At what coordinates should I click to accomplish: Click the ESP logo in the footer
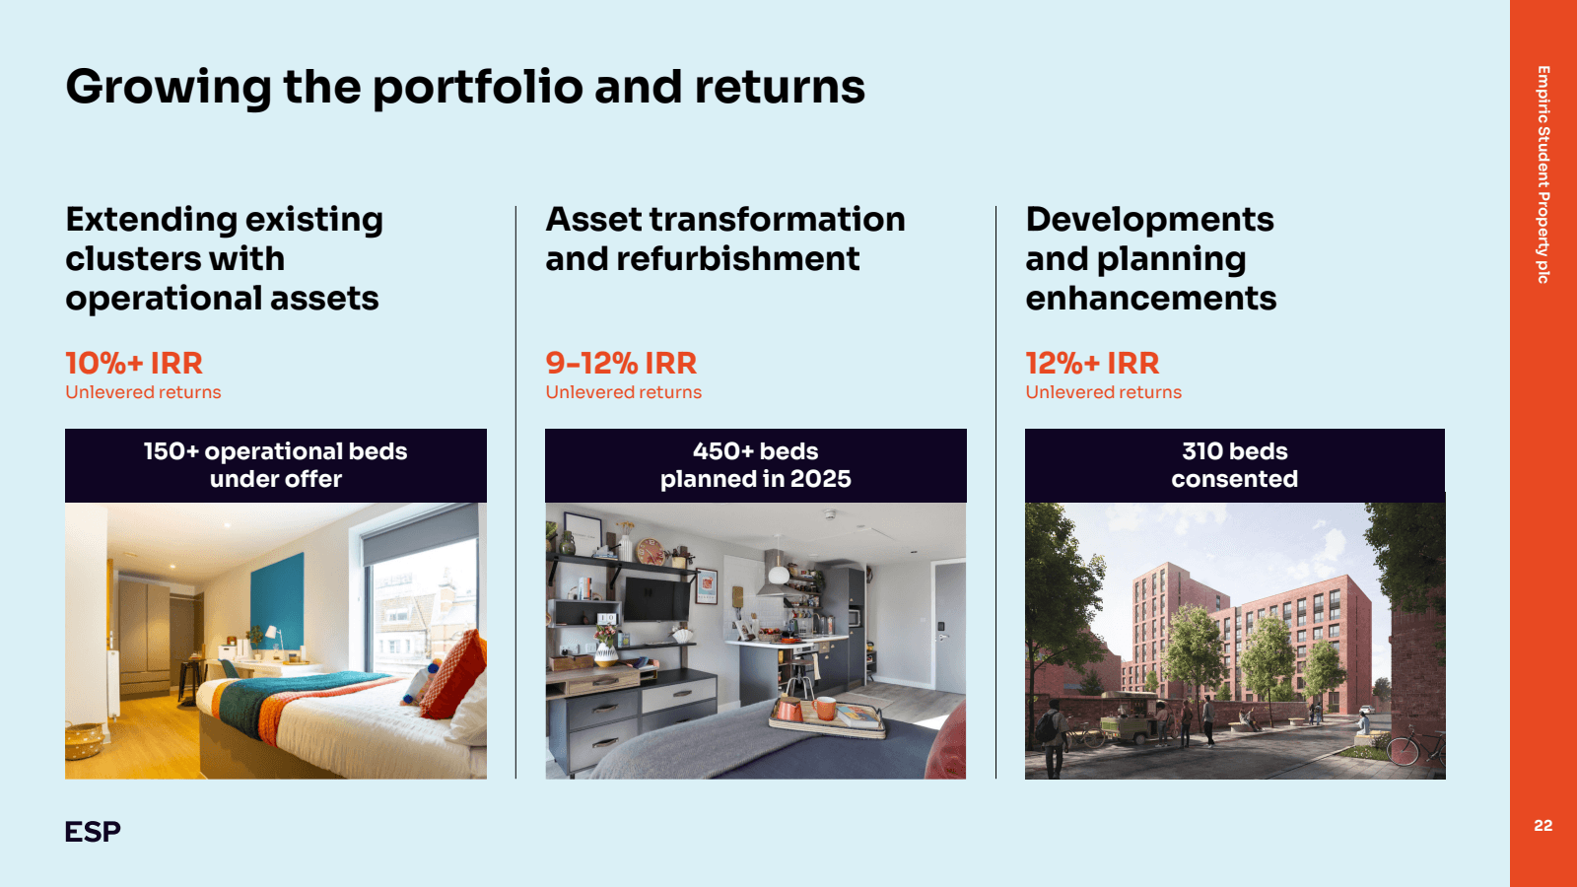click(93, 832)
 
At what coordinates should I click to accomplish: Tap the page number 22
click(1543, 825)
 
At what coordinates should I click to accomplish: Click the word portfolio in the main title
click(478, 88)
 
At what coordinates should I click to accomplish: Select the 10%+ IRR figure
click(134, 364)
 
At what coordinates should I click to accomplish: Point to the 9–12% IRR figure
click(621, 364)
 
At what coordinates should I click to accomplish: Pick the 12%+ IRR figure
click(1092, 364)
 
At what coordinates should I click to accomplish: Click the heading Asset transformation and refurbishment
click(725, 239)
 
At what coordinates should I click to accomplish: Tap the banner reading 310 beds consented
click(1235, 465)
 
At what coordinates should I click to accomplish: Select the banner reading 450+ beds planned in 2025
click(755, 465)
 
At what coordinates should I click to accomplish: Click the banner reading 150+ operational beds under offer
click(276, 465)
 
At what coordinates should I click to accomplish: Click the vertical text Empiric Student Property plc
click(1543, 174)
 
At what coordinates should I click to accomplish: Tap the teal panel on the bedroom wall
click(277, 602)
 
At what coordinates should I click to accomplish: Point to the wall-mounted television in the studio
click(657, 598)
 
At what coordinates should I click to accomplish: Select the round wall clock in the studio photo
click(651, 551)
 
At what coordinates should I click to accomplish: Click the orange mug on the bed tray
click(824, 708)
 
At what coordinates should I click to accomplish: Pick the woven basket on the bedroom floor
click(84, 740)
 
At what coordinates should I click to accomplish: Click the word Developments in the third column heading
click(1149, 219)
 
